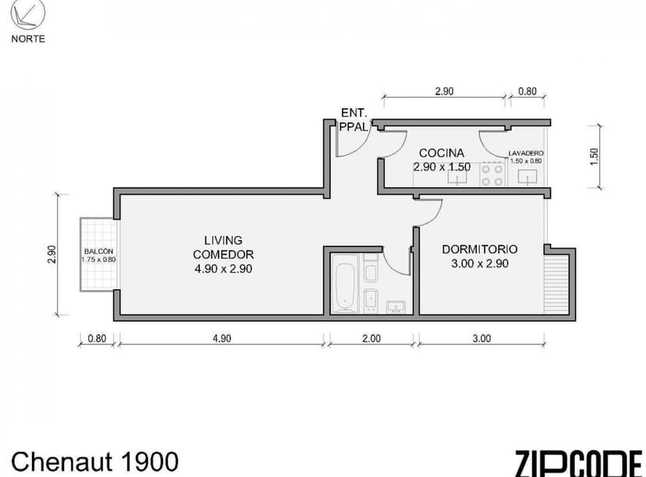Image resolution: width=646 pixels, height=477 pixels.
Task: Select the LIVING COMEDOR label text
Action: click(222, 253)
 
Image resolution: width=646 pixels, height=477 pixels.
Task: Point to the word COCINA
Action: click(442, 153)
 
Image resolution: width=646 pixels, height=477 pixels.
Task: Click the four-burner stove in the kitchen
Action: click(492, 174)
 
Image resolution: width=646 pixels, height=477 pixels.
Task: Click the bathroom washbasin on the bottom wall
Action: click(396, 306)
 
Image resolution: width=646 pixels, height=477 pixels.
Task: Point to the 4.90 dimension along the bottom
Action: click(222, 338)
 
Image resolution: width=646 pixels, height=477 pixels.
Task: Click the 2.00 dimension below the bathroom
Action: click(371, 338)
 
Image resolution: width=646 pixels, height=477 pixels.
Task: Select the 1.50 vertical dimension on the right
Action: click(594, 156)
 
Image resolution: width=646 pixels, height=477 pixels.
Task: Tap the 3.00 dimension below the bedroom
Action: click(481, 338)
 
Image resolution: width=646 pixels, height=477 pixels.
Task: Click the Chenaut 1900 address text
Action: click(94, 461)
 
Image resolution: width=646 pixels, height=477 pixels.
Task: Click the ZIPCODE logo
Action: click(578, 463)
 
